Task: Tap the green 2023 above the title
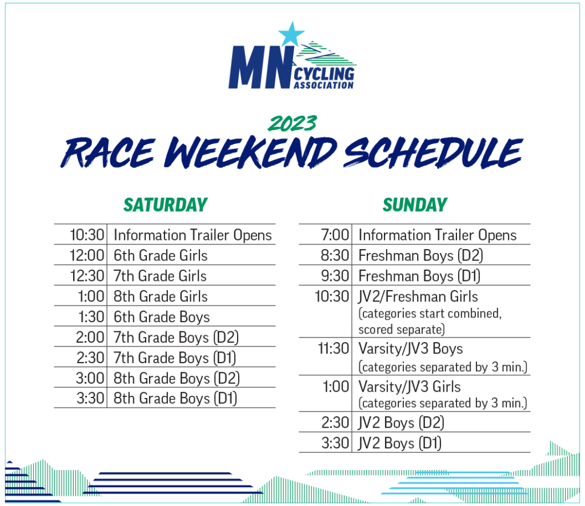(x=292, y=123)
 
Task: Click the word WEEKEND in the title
(x=250, y=152)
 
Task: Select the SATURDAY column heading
(x=165, y=204)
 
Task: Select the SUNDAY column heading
(x=415, y=204)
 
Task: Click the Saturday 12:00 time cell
(x=87, y=255)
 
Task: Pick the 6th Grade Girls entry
(x=161, y=255)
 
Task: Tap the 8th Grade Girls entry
(x=161, y=296)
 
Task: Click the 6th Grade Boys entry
(x=162, y=317)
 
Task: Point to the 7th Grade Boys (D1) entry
(x=175, y=358)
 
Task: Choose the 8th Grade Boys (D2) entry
(x=177, y=379)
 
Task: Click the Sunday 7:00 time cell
(x=335, y=235)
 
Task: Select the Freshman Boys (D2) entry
(x=420, y=256)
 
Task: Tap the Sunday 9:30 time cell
(x=335, y=276)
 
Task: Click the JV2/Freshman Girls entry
(x=418, y=297)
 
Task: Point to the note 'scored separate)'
(x=402, y=330)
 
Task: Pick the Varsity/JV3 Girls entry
(x=409, y=387)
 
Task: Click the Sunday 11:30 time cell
(x=333, y=348)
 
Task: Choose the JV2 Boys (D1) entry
(x=399, y=443)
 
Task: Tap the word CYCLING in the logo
(x=324, y=74)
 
